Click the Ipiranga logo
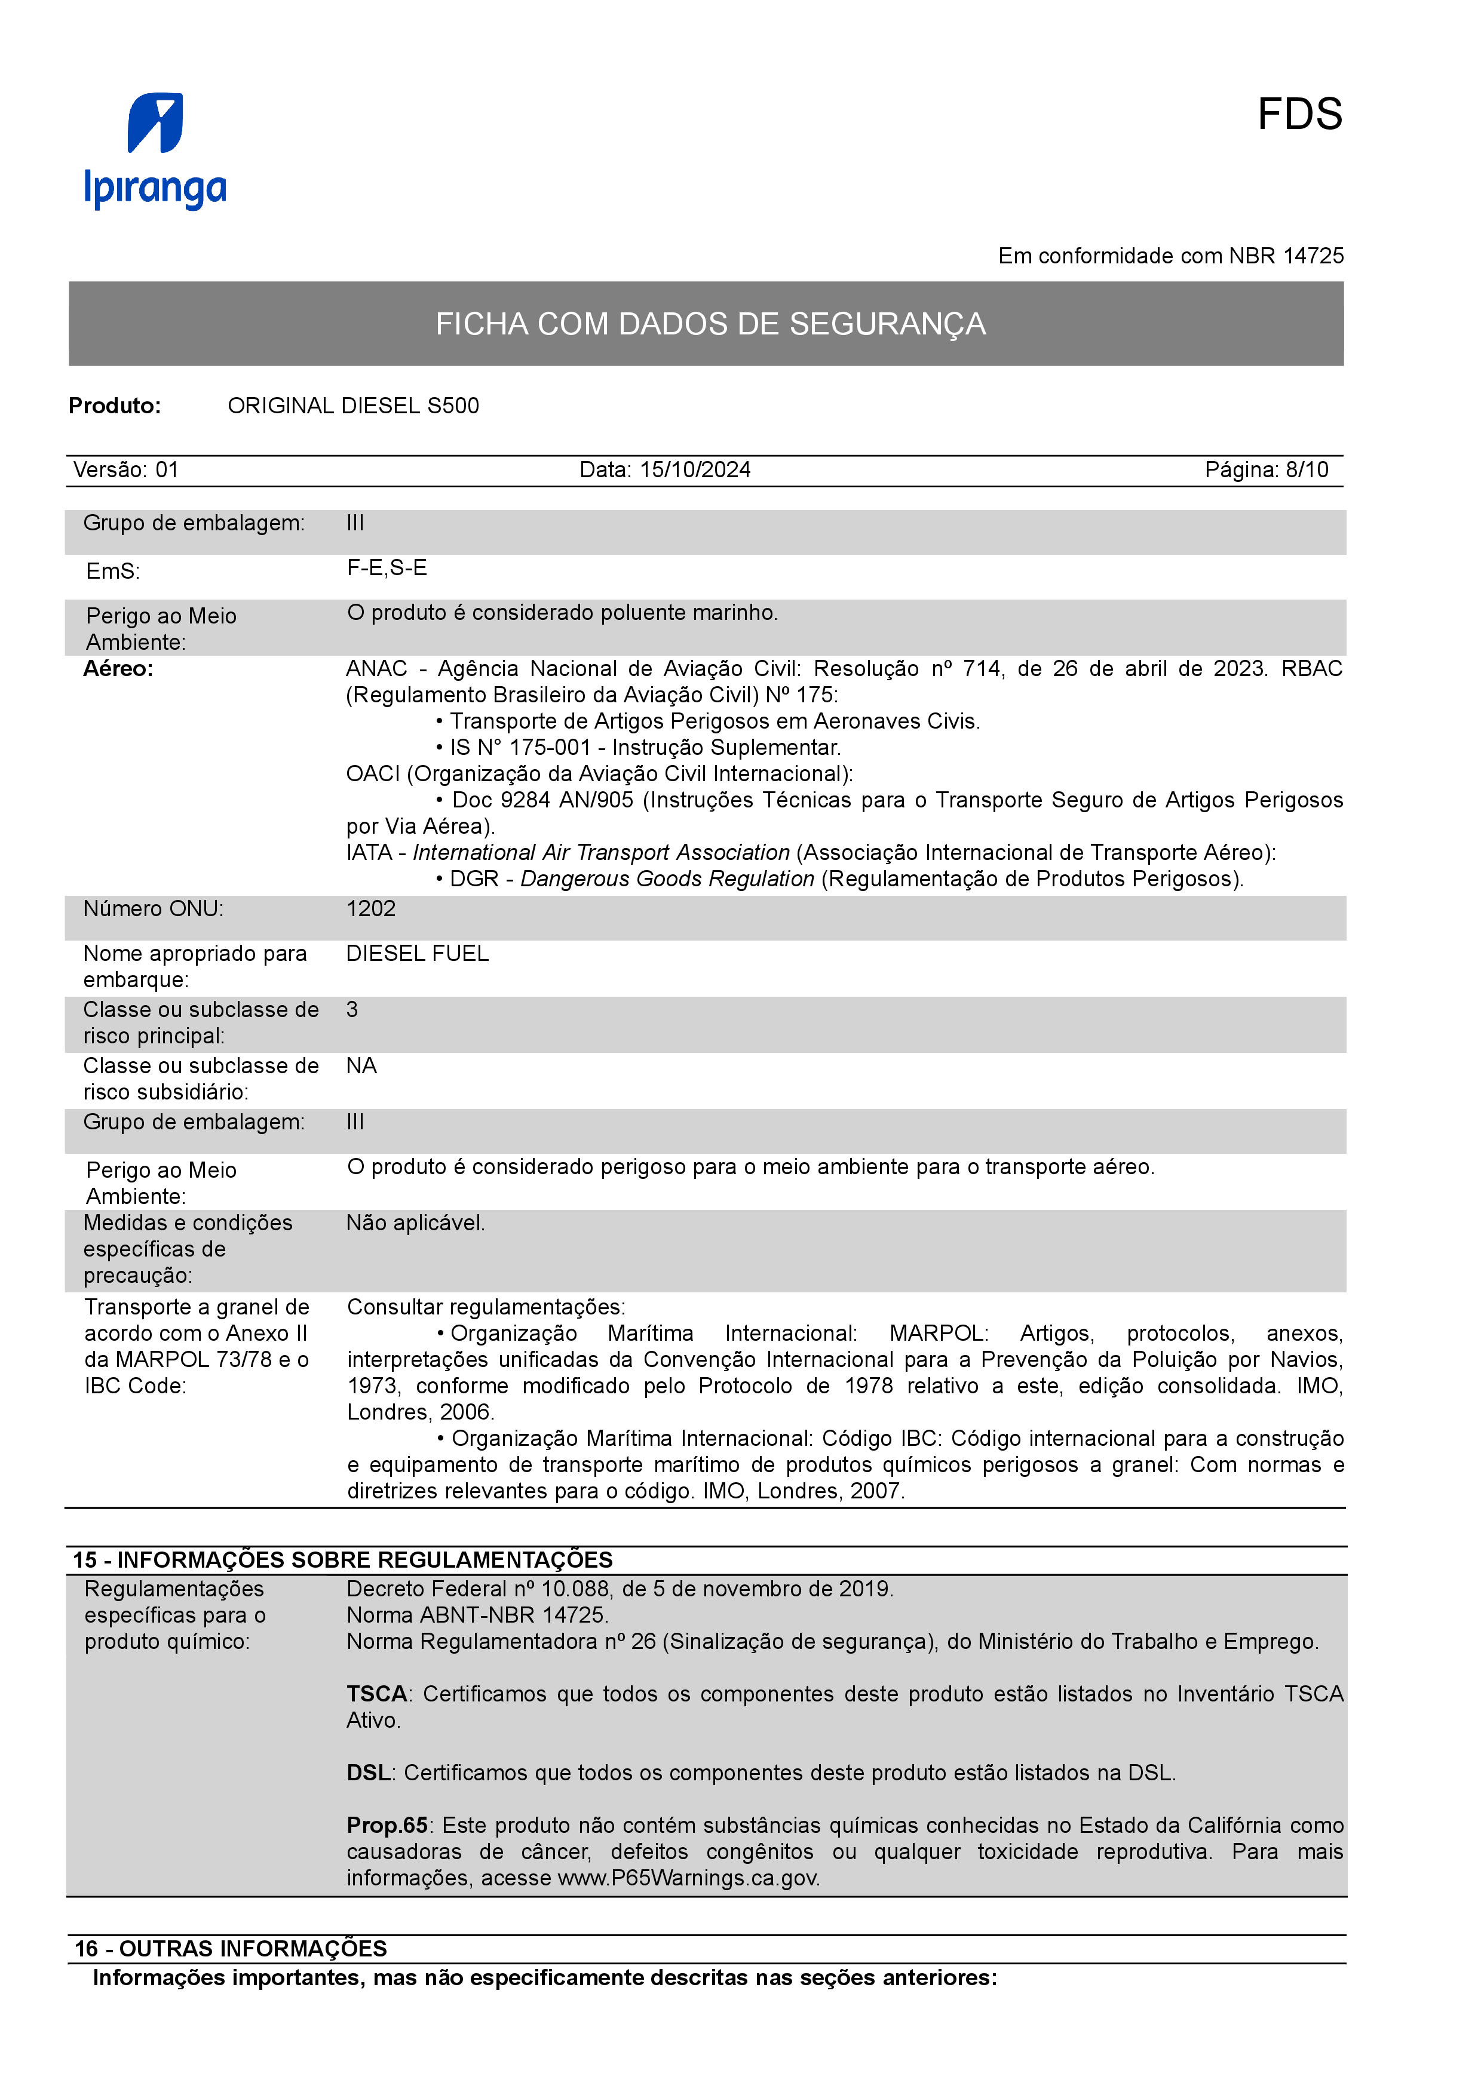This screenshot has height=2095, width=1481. (x=155, y=150)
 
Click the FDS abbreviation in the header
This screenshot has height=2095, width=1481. (x=1299, y=115)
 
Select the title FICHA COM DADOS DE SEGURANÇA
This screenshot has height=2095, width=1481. (x=710, y=324)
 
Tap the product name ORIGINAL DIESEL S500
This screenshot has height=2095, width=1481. (x=353, y=406)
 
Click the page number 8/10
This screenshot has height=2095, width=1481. (x=1307, y=470)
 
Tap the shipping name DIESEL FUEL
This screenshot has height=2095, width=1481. (x=417, y=954)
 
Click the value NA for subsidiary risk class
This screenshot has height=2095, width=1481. (x=361, y=1066)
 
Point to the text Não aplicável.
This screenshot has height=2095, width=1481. (x=415, y=1222)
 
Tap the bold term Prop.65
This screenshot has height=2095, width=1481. (x=387, y=1825)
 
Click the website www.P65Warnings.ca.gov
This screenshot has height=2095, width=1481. (x=688, y=1878)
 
